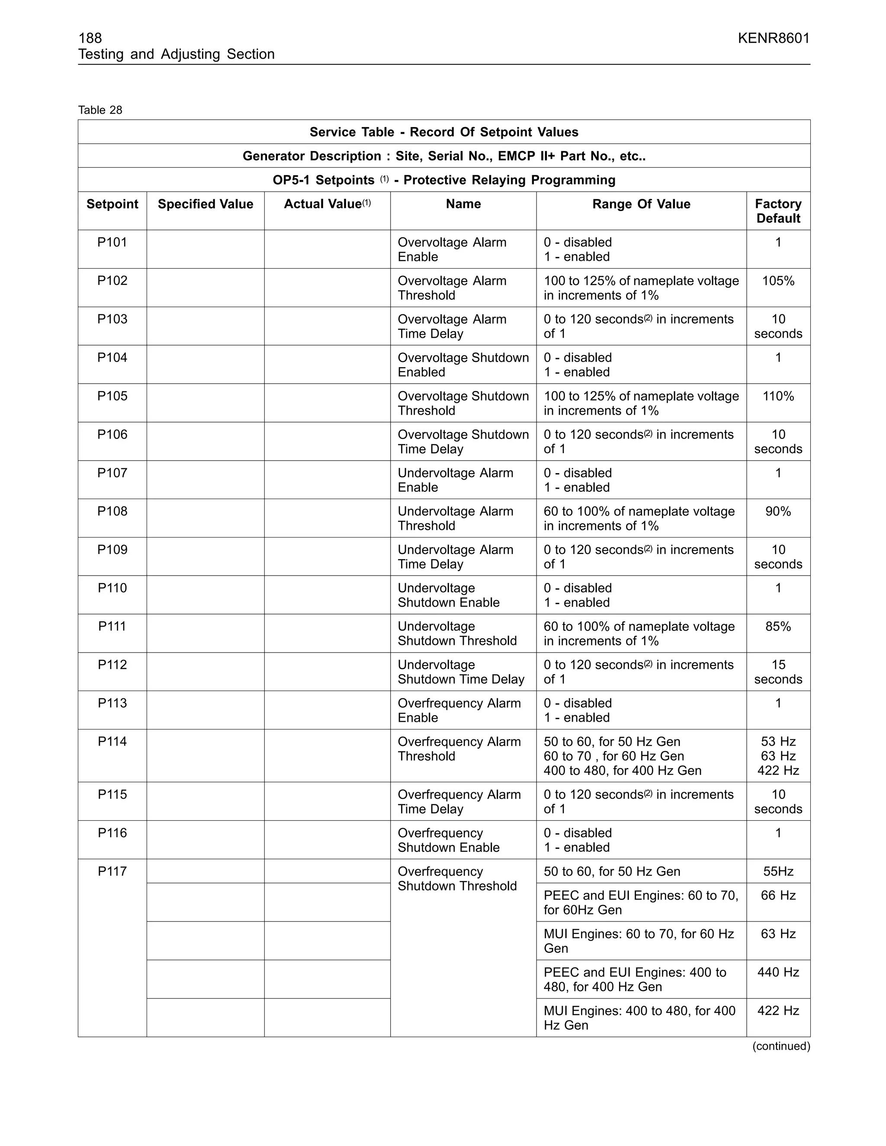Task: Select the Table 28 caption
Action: click(100, 110)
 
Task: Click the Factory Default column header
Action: click(778, 211)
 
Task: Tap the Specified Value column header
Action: click(205, 204)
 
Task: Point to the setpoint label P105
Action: click(112, 396)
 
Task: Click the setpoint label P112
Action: click(112, 665)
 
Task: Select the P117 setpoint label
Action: click(112, 871)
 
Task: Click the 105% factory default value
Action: click(778, 281)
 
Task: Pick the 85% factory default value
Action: click(778, 627)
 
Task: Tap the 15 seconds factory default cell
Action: click(778, 672)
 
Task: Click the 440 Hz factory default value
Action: click(778, 972)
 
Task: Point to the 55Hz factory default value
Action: click(778, 871)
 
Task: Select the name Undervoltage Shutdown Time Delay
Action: click(461, 672)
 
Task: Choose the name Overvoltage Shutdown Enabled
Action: click(463, 365)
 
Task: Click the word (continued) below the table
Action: click(781, 1046)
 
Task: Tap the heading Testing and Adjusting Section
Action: click(177, 54)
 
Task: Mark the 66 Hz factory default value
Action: click(778, 896)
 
